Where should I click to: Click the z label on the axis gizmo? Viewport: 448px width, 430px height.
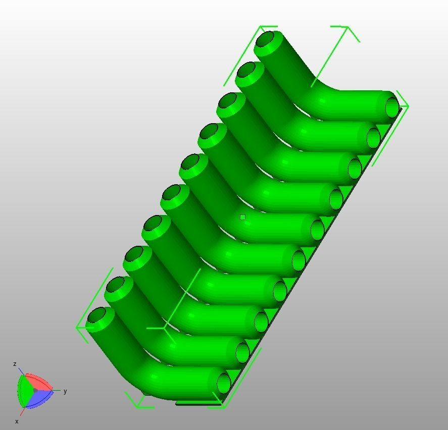point(15,364)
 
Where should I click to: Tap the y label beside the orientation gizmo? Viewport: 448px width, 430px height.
point(65,391)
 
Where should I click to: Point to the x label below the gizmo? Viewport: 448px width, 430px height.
point(17,421)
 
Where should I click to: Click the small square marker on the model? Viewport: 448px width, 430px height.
point(243,217)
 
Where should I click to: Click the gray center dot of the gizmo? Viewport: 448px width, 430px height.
point(35,391)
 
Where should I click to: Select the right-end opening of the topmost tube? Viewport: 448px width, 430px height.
point(392,107)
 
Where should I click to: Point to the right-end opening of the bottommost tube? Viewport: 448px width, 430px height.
point(223,383)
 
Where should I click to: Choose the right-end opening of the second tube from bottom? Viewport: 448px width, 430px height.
point(242,352)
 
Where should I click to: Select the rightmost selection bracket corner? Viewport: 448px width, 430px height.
point(407,106)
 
